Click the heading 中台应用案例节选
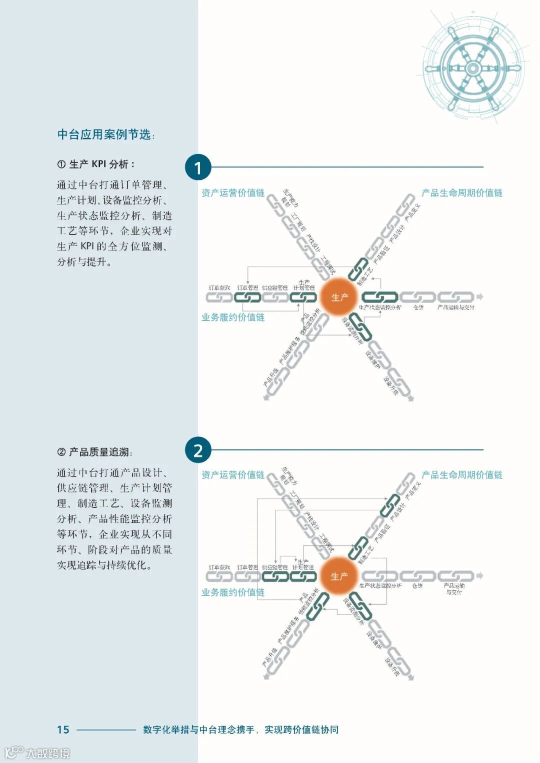(104, 134)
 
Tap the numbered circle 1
(198, 167)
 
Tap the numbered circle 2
(198, 450)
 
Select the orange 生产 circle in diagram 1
(339, 297)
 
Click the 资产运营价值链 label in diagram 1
(233, 193)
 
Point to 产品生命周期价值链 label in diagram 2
(461, 475)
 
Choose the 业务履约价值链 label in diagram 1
(233, 317)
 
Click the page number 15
(63, 729)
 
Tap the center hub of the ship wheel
(472, 68)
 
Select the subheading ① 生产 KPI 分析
(95, 164)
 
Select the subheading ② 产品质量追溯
(94, 452)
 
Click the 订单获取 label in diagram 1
(219, 288)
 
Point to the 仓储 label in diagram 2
(417, 586)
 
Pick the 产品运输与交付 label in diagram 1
(455, 307)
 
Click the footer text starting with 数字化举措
(240, 729)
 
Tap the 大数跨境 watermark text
(47, 752)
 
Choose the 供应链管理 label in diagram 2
(275, 567)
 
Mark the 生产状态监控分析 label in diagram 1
(380, 307)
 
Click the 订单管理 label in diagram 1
(247, 288)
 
